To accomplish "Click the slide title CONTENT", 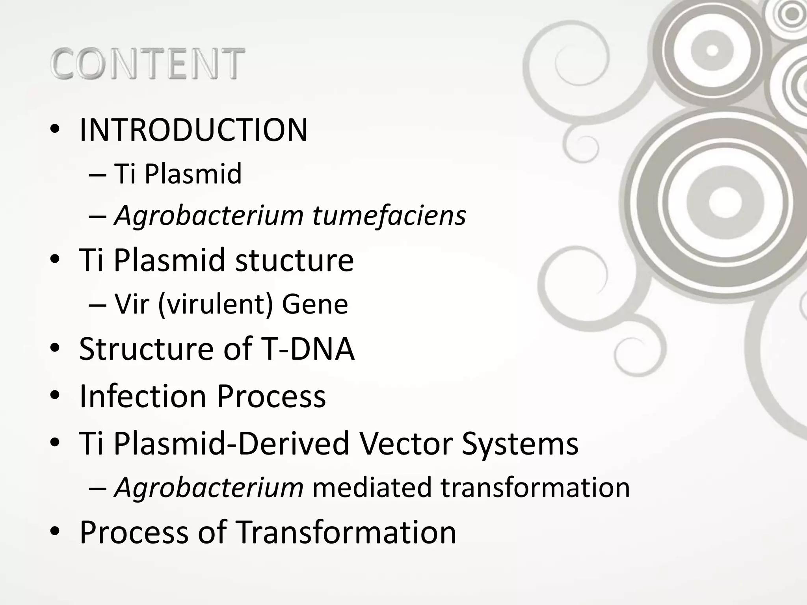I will click(x=147, y=63).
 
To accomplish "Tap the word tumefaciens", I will click(x=389, y=215).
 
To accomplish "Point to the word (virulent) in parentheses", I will click(x=216, y=304).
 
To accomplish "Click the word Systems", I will click(x=520, y=443).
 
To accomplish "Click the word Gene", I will click(x=314, y=304).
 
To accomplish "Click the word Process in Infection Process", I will click(x=271, y=396).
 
